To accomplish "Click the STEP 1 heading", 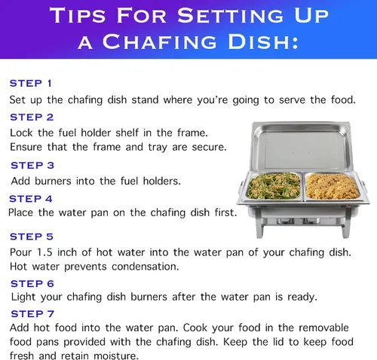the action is (x=31, y=83).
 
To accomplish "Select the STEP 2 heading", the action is (x=32, y=117).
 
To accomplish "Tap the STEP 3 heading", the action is (x=32, y=165).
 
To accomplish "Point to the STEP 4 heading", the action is (x=31, y=199).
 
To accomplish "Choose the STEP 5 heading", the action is (x=32, y=236).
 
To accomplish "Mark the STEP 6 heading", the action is (x=32, y=283).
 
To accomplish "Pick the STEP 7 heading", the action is (x=32, y=313).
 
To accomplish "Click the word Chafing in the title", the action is (x=159, y=41).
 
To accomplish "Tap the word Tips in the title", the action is (x=77, y=15).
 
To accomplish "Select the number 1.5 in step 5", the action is (x=44, y=252).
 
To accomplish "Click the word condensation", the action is (x=145, y=267).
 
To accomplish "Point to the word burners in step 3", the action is (x=53, y=181).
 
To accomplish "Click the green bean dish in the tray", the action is (x=274, y=186).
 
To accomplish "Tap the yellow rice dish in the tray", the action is (x=333, y=186).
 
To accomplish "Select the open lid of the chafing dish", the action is (x=301, y=147).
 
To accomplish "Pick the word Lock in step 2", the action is (x=21, y=133).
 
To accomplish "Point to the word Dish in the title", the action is (x=263, y=41).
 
